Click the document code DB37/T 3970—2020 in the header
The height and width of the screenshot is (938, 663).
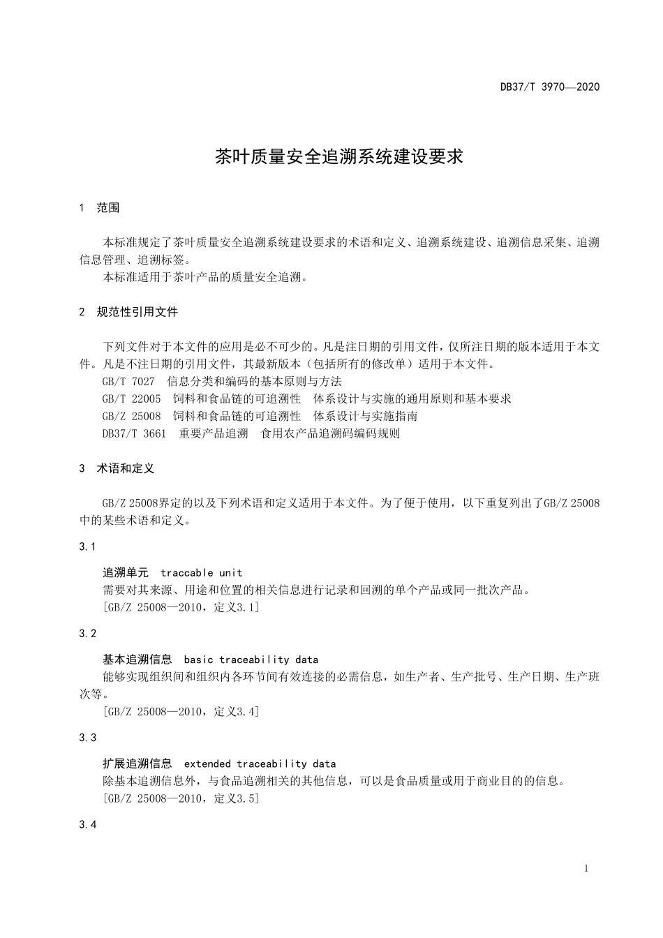(x=549, y=87)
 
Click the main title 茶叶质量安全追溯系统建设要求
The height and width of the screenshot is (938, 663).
(x=338, y=156)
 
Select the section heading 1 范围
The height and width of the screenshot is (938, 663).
(x=100, y=207)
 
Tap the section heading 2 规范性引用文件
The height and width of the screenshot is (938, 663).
(x=129, y=312)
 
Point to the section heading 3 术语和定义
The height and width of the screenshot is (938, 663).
(x=117, y=468)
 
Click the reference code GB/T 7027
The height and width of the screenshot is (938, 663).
(x=128, y=381)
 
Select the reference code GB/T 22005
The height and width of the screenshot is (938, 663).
(x=131, y=399)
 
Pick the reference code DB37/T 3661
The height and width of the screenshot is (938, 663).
(x=134, y=433)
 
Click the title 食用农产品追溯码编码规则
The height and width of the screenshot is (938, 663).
(x=330, y=433)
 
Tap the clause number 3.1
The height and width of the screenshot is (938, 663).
(x=88, y=546)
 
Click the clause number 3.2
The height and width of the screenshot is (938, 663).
(x=88, y=634)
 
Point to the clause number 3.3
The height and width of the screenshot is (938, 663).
(x=88, y=738)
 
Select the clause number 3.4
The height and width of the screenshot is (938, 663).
(x=88, y=825)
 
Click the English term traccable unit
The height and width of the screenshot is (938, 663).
(x=201, y=573)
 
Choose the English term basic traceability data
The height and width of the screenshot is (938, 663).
(x=251, y=660)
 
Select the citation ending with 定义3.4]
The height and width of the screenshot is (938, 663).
(x=181, y=712)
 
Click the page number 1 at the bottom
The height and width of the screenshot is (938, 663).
(x=586, y=868)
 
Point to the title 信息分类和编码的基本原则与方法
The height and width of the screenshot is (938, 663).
(x=255, y=381)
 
